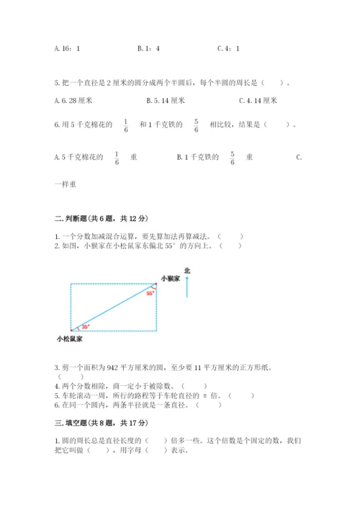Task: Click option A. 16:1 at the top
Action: point(67,48)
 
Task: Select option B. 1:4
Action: point(148,48)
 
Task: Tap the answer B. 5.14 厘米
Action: point(166,101)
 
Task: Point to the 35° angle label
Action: point(86,326)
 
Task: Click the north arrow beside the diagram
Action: point(187,287)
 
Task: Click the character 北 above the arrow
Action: point(187,271)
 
